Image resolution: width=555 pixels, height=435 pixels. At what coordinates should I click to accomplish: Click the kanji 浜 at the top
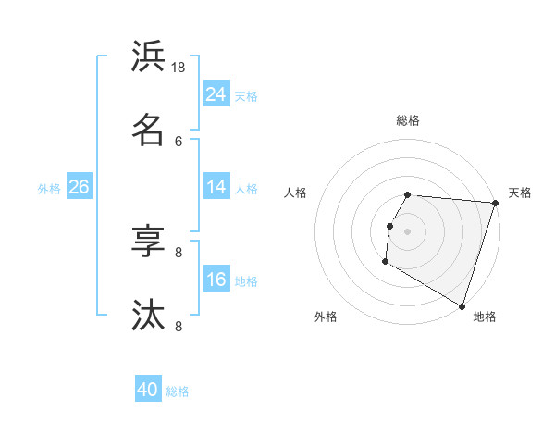pyautogui.click(x=149, y=57)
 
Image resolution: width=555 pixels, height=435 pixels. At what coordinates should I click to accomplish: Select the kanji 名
pyautogui.click(x=149, y=130)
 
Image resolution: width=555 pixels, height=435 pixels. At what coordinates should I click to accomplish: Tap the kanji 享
pyautogui.click(x=149, y=242)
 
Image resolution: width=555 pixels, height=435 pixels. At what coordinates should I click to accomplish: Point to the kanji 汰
pyautogui.click(x=149, y=316)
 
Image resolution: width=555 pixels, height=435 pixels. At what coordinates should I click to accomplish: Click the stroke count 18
pyautogui.click(x=179, y=67)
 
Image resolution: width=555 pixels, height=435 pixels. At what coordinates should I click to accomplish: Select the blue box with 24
pyautogui.click(x=216, y=93)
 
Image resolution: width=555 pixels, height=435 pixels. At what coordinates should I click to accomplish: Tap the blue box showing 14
pyautogui.click(x=216, y=187)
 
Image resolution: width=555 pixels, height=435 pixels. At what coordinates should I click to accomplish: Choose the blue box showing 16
pyautogui.click(x=216, y=280)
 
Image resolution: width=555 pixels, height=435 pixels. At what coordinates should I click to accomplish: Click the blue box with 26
pyautogui.click(x=79, y=187)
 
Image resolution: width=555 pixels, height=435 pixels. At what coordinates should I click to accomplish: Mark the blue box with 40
pyautogui.click(x=148, y=390)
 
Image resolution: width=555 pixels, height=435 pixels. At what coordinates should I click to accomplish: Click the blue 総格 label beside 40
pyautogui.click(x=178, y=391)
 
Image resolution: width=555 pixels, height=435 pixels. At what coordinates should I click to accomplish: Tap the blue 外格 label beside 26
pyautogui.click(x=49, y=189)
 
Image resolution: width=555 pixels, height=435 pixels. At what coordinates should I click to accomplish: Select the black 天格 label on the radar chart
pyautogui.click(x=520, y=193)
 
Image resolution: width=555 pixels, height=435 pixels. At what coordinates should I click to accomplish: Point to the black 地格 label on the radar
pyautogui.click(x=485, y=317)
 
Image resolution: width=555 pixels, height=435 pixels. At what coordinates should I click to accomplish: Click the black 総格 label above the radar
pyautogui.click(x=408, y=120)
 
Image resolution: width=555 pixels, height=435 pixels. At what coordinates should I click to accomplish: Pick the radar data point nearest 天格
pyautogui.click(x=495, y=203)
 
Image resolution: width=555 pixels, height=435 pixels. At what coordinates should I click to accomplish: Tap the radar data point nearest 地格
pyautogui.click(x=462, y=305)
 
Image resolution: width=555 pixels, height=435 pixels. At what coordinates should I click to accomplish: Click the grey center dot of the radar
pyautogui.click(x=407, y=231)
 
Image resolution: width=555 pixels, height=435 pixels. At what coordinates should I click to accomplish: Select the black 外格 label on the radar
pyautogui.click(x=326, y=317)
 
